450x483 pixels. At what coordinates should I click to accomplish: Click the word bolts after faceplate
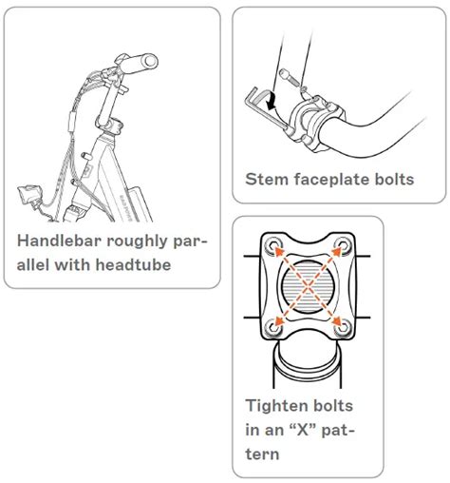pyautogui.click(x=391, y=179)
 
